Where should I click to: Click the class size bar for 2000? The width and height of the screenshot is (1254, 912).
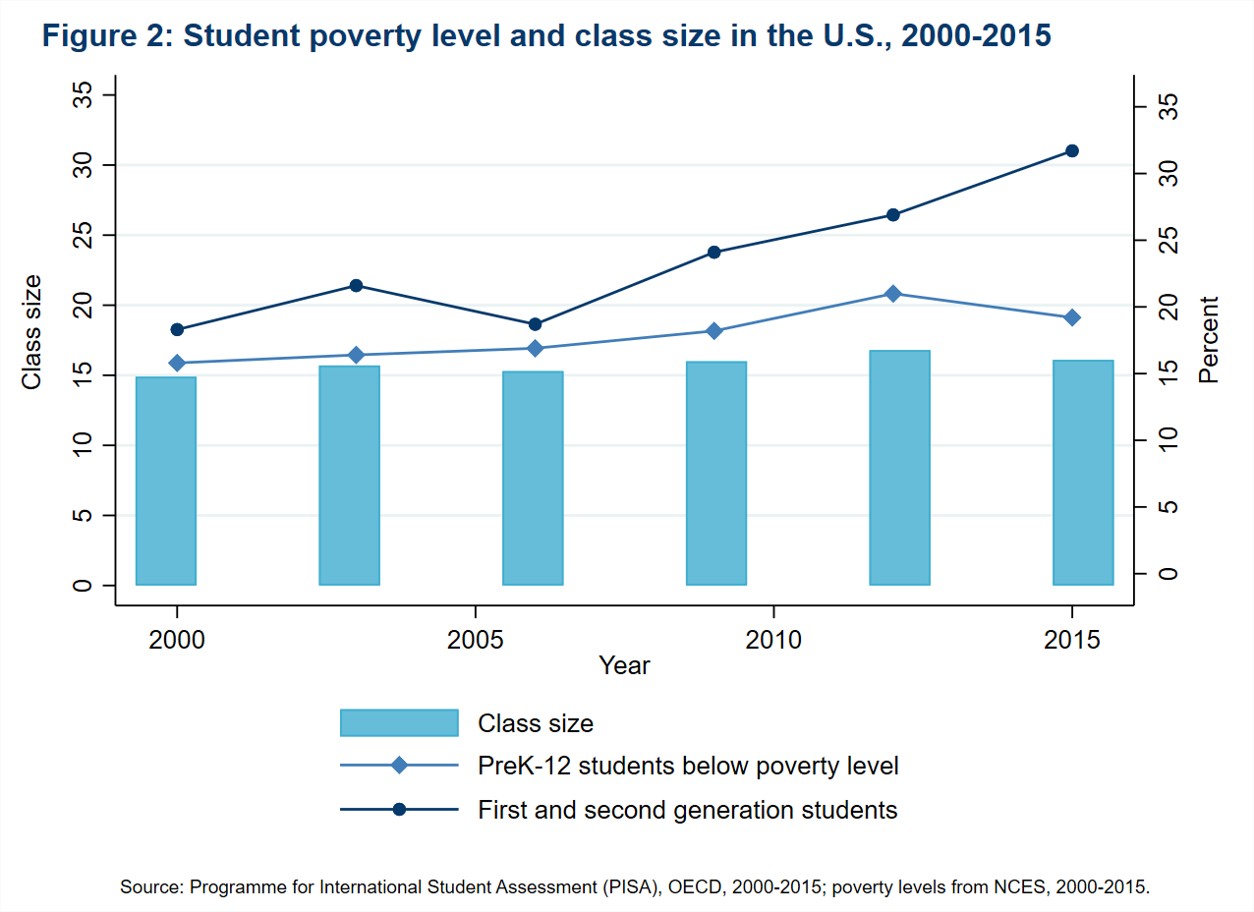pos(166,481)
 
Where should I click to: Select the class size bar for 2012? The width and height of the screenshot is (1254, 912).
pos(899,468)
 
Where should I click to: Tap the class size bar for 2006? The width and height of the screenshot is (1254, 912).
pos(533,478)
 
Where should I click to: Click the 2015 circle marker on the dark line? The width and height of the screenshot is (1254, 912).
pos(1072,150)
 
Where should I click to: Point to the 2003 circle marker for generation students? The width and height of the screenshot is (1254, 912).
pos(356,286)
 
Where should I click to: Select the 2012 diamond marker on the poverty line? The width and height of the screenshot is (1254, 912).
pos(892,294)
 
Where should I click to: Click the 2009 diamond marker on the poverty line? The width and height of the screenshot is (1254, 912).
pos(714,330)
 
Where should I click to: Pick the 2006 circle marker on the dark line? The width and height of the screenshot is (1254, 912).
pos(535,324)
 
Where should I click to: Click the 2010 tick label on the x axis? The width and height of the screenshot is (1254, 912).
pos(774,640)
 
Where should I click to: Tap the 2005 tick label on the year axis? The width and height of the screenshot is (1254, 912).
pos(476,640)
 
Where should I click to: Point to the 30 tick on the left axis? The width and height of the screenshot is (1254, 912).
pos(84,165)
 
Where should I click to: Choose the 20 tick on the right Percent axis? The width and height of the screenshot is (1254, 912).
pos(1166,307)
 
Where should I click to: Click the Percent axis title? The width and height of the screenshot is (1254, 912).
pos(1209,339)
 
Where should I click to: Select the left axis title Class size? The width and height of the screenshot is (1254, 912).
pos(32,332)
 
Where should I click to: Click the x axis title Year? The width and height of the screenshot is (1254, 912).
pos(625,665)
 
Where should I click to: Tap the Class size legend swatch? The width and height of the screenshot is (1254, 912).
pos(399,722)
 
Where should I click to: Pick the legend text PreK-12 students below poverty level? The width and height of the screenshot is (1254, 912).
pos(688,766)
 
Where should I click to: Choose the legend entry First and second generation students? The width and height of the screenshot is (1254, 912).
pos(687,810)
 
